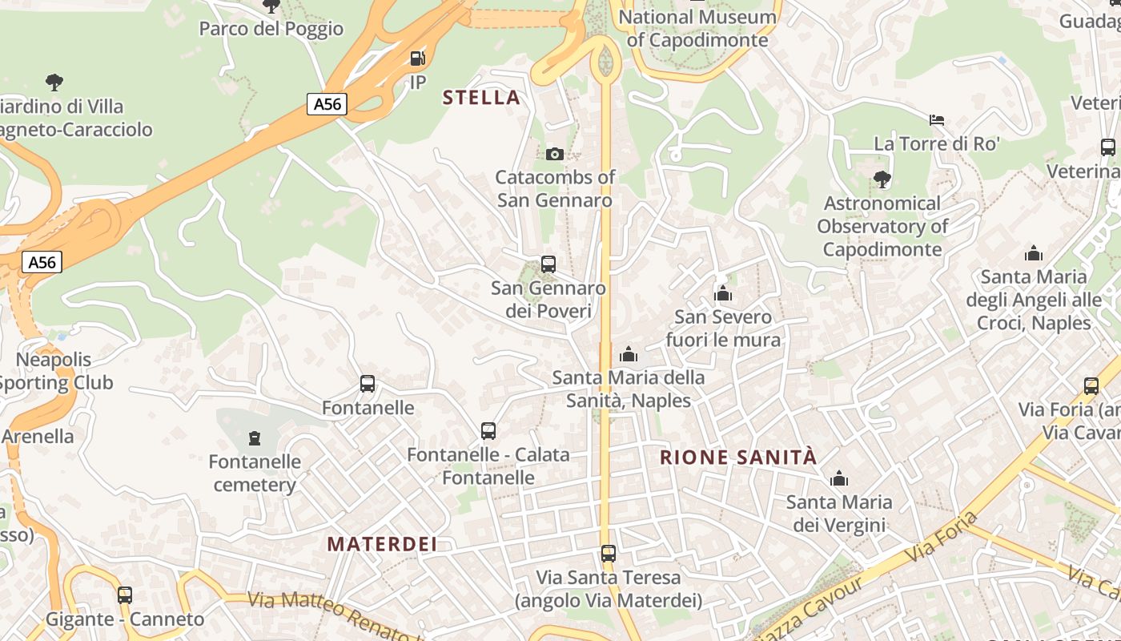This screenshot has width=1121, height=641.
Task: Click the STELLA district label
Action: [x=481, y=98]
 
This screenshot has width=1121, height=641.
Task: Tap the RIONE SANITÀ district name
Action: [x=737, y=458]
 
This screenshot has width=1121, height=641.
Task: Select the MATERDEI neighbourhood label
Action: [x=382, y=544]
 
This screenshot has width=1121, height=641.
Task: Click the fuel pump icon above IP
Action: [x=417, y=58]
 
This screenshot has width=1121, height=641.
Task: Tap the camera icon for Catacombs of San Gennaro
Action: [x=554, y=154]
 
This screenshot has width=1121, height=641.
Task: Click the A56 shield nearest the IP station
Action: [x=327, y=103]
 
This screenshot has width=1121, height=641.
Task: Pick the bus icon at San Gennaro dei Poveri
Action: [x=548, y=264]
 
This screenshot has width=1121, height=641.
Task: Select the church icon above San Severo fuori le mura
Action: [x=723, y=293]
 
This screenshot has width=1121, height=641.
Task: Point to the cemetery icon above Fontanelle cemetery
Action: [x=255, y=437]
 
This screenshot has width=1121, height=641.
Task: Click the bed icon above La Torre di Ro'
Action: [x=937, y=120]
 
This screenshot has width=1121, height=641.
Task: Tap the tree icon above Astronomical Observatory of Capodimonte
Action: [x=882, y=179]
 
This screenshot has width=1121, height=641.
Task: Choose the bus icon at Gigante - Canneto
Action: [x=124, y=595]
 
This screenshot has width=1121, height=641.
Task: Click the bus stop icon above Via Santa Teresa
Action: [x=609, y=553]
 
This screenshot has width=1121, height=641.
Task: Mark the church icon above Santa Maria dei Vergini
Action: [x=839, y=478]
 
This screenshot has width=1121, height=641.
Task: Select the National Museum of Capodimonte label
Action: [x=697, y=28]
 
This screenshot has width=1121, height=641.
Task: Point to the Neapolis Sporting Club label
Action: [x=54, y=371]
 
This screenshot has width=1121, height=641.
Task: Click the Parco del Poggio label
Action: [x=271, y=29]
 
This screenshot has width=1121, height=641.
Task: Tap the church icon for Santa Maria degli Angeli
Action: [x=1034, y=254]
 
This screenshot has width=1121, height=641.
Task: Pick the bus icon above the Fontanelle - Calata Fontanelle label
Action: [x=488, y=430]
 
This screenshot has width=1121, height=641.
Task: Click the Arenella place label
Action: [x=38, y=437]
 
